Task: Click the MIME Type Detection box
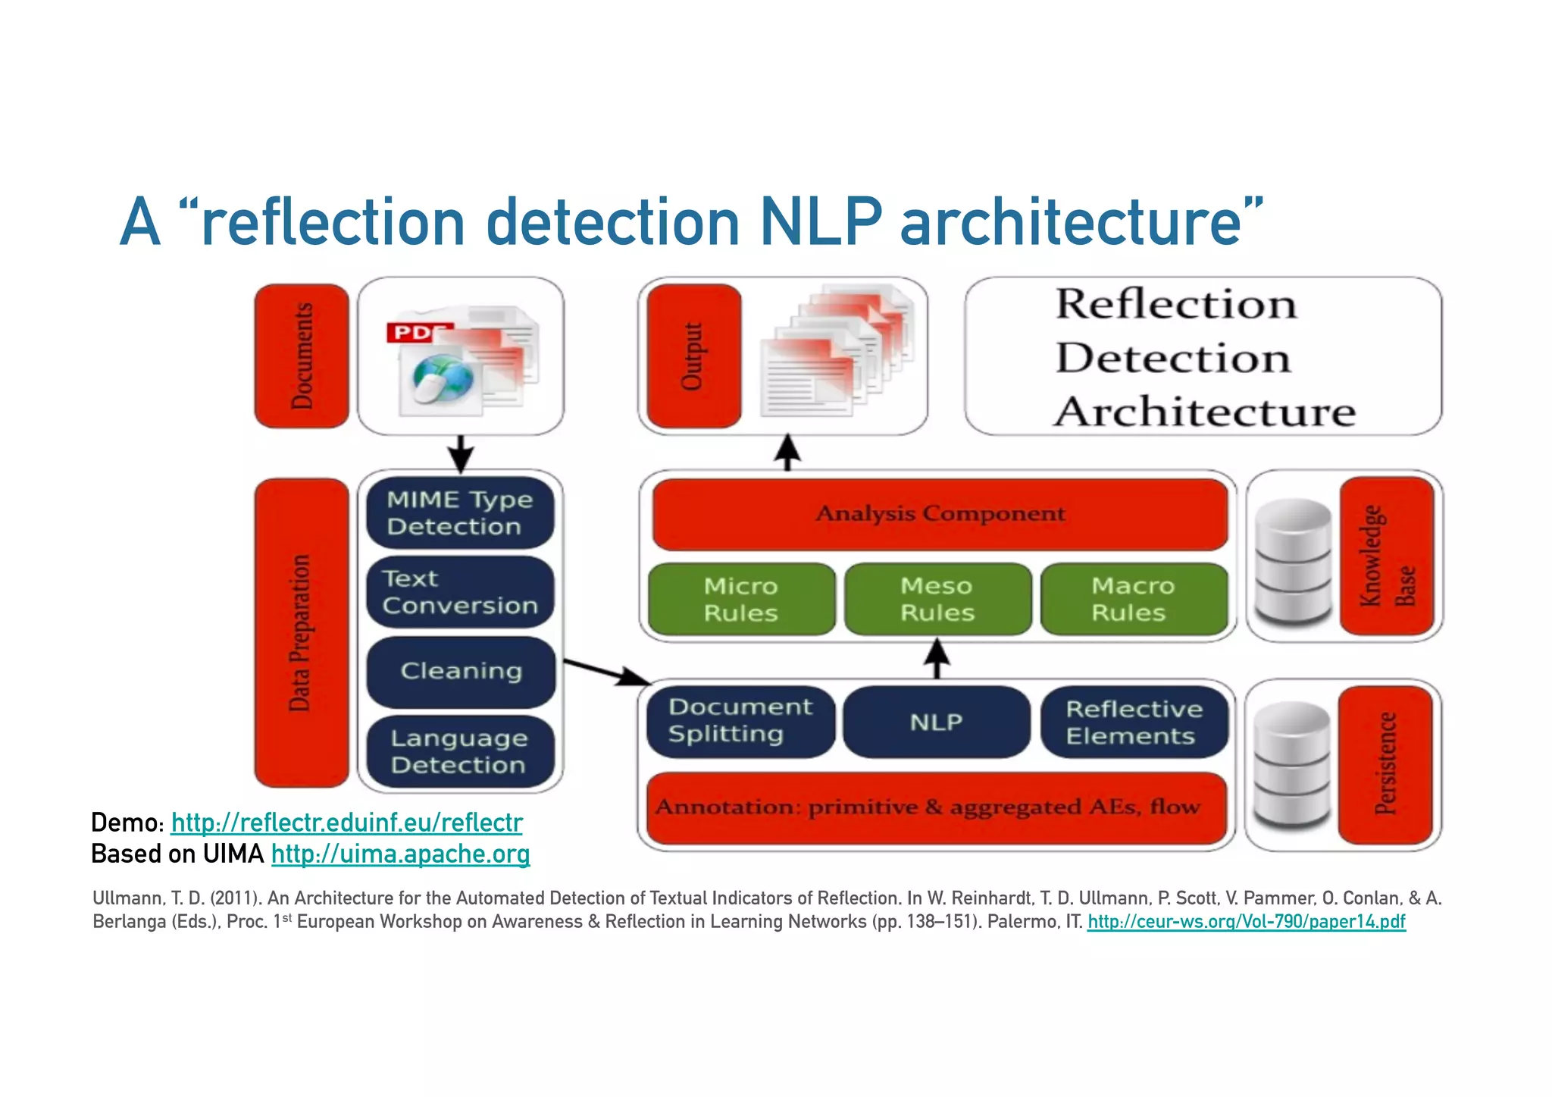click(x=460, y=512)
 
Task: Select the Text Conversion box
click(x=460, y=592)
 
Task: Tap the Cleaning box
click(x=461, y=671)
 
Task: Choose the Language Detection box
click(x=460, y=751)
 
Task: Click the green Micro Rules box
click(x=741, y=599)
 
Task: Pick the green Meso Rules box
click(x=937, y=599)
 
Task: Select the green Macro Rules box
click(x=1133, y=599)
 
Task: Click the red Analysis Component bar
click(x=940, y=514)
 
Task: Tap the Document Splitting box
click(x=740, y=721)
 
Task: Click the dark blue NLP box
click(x=937, y=722)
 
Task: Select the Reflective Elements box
click(x=1134, y=722)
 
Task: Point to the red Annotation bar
click(x=936, y=807)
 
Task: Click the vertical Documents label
click(x=302, y=356)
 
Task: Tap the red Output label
click(x=693, y=356)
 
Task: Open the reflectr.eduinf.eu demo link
click(x=346, y=823)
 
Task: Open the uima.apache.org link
click(x=400, y=854)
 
